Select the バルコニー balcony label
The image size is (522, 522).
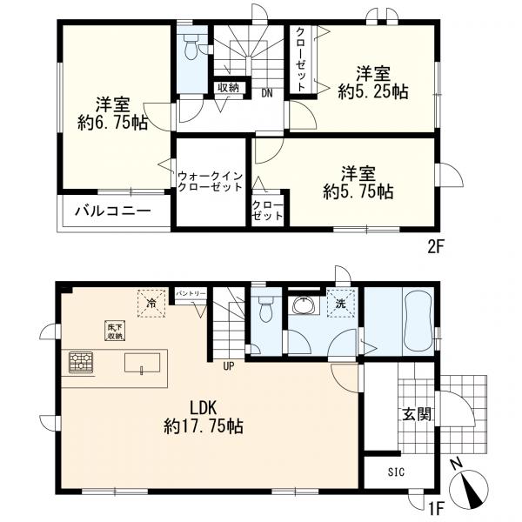[111, 211]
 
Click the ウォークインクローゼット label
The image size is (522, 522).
[210, 180]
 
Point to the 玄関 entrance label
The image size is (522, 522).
[416, 413]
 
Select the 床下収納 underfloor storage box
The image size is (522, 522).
[115, 330]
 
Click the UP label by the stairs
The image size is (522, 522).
[228, 365]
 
